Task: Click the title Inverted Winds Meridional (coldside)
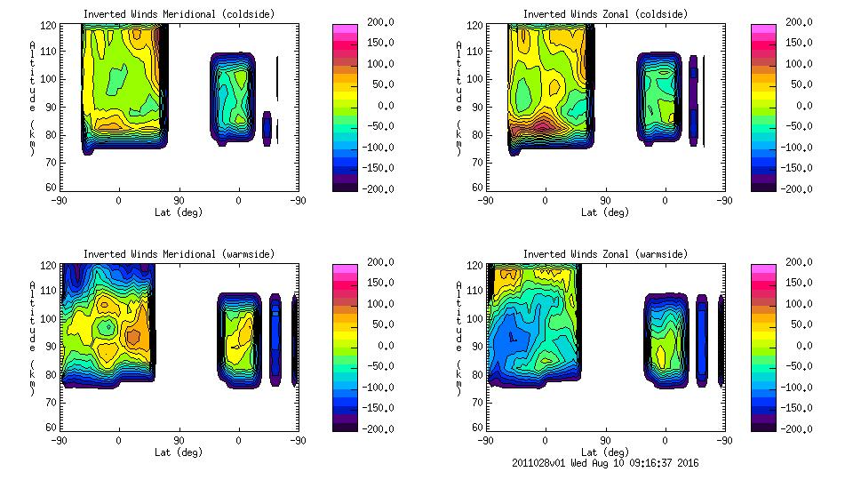tap(179, 14)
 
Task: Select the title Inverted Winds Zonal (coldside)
tap(605, 14)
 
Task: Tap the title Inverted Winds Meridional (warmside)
tap(179, 254)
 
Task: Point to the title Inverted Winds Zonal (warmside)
tap(605, 254)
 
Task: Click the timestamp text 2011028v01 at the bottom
tap(544, 463)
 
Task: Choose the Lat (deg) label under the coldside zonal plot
tap(606, 212)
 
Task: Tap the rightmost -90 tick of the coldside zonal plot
tap(724, 201)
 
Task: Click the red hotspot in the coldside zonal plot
tap(541, 124)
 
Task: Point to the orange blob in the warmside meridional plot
tap(133, 337)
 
